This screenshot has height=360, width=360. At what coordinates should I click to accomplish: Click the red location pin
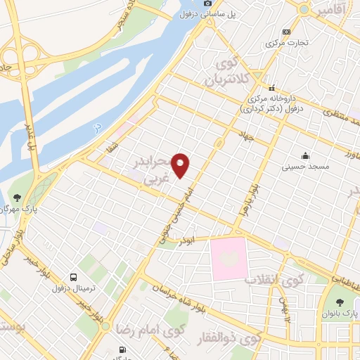(181, 165)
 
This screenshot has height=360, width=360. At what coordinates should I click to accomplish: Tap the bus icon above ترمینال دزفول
(73, 276)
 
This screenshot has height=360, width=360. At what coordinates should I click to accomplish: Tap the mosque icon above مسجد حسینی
(305, 155)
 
